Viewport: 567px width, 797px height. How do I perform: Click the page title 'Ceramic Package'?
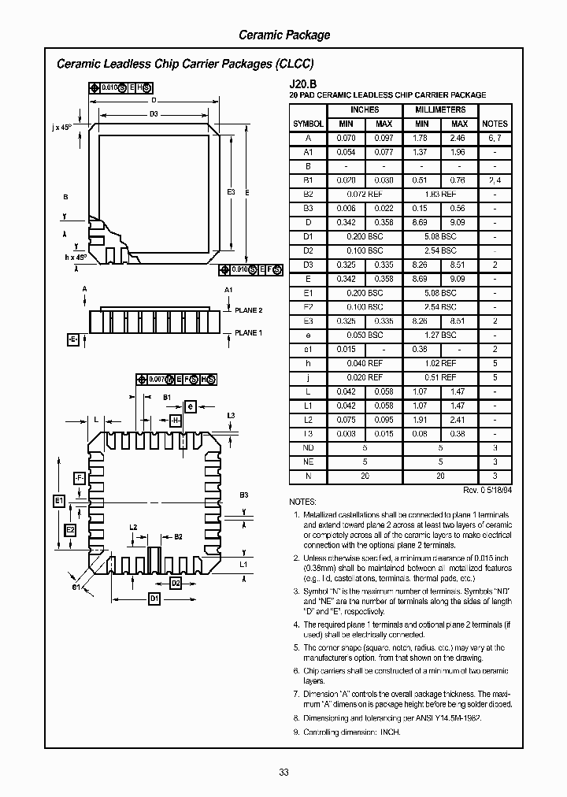pos(284,35)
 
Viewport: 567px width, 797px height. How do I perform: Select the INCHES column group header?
pos(365,110)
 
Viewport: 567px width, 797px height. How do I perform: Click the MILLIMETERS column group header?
pos(440,110)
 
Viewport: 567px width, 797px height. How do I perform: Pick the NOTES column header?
pos(495,124)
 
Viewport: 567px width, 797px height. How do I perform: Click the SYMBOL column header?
pos(308,124)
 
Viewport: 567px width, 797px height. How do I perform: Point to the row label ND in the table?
pos(308,447)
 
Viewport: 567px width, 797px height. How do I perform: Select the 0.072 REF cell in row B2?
pos(365,194)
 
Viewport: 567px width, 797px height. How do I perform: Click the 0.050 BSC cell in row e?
pos(365,335)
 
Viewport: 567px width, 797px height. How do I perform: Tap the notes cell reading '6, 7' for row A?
pos(495,138)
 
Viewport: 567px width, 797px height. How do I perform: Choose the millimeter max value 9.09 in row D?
pos(459,222)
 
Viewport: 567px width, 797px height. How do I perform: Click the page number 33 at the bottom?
pos(283,773)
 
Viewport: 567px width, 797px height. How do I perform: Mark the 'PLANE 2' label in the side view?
pos(249,310)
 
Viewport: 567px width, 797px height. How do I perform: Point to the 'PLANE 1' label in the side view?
pos(249,333)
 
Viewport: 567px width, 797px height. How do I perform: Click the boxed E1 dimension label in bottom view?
pos(58,501)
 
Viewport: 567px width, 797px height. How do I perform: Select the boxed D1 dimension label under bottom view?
pos(154,599)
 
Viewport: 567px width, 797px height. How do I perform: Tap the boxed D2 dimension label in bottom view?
pos(176,583)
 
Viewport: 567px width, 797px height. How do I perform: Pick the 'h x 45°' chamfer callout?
pos(75,258)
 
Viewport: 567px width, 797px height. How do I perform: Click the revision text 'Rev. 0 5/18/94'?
pos(487,490)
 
